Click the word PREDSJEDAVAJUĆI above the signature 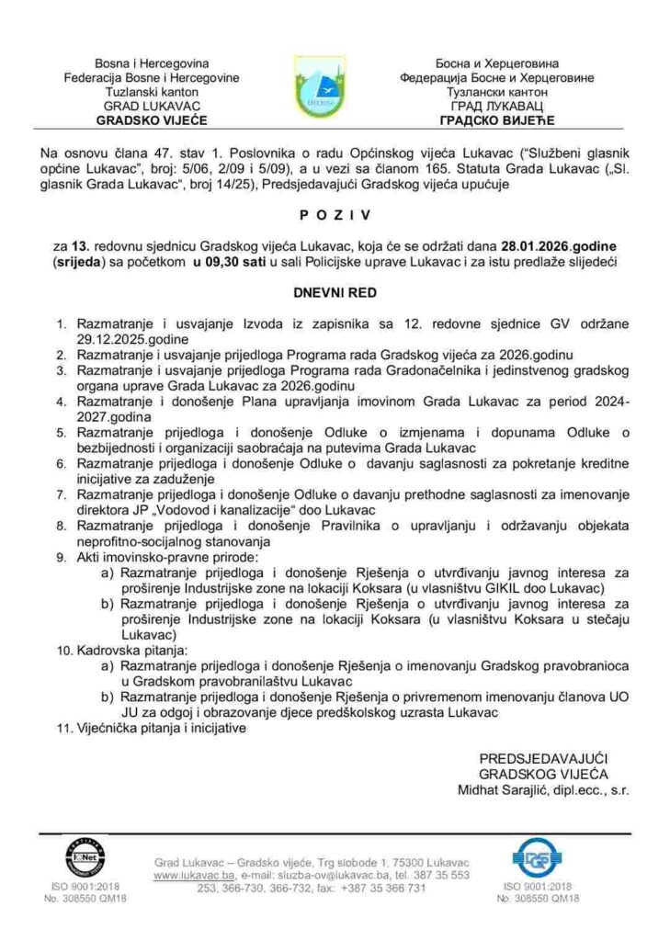point(544,758)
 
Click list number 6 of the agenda point(62,464)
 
